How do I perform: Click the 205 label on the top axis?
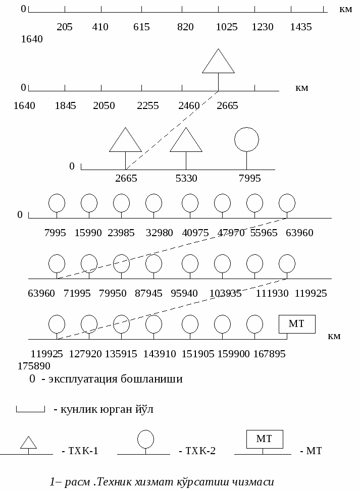pos(65,27)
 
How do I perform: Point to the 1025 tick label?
pos(227,27)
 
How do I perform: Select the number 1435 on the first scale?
pos(301,27)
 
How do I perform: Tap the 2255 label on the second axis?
pos(147,105)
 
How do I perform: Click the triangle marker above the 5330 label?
pos(186,140)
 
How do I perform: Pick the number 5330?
pos(186,178)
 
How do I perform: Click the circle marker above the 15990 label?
pos(89,203)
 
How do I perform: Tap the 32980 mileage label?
pos(159,233)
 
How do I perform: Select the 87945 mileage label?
pos(148,293)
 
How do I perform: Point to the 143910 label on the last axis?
pos(160,354)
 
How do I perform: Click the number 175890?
pos(34,366)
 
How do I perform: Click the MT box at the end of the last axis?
pos(297,324)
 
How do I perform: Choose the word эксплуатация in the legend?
pos(83,379)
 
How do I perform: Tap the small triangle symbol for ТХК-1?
pos(28,443)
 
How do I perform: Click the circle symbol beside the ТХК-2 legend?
pos(146,439)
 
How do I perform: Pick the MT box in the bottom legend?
pos(265,439)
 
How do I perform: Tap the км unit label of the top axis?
pos(345,10)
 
